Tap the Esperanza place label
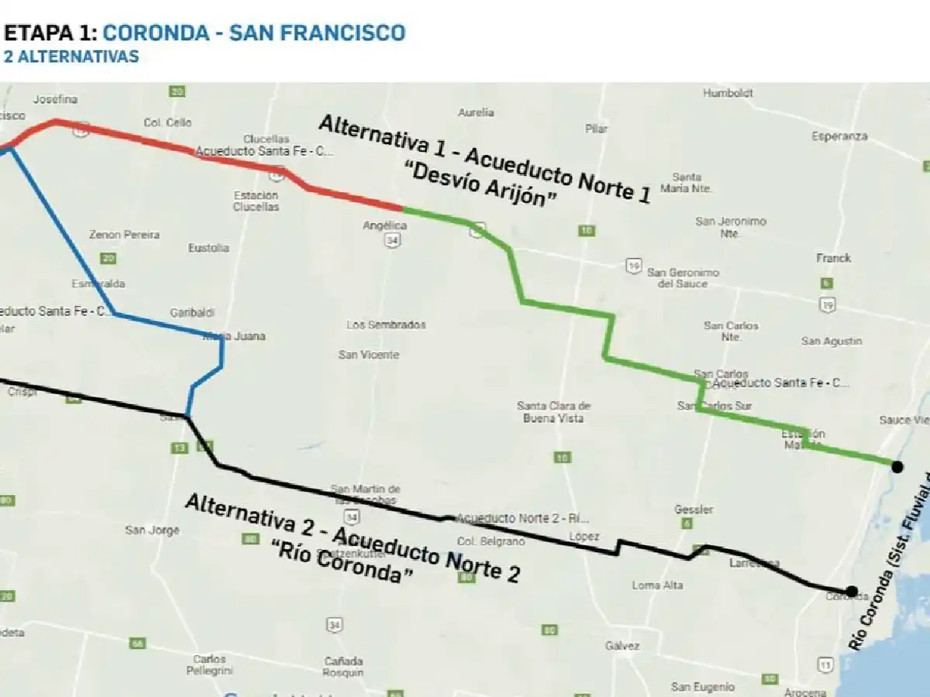pos(839,136)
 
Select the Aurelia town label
pos(476,112)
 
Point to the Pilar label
pos(597,129)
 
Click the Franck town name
pos(833,258)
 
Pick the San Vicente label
pos(369,355)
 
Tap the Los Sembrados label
pos(386,325)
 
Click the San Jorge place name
pos(152,530)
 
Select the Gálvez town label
pos(623,646)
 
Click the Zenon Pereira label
pos(124,235)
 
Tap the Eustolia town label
pos(208,248)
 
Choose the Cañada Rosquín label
pos(343,667)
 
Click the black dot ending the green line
pos(897,466)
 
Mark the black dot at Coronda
pos(851,591)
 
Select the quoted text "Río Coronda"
pos(341,562)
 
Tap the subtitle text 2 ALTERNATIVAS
pos(71,57)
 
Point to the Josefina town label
pos(55,100)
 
